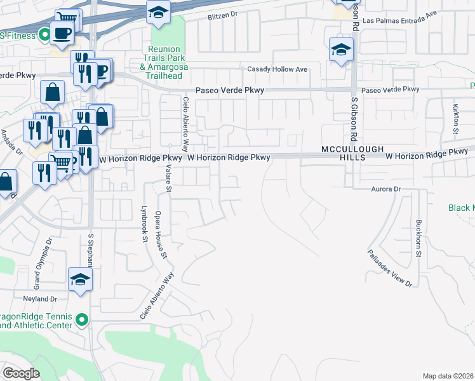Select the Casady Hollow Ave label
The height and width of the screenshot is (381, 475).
point(277,69)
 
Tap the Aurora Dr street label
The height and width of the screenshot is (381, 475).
point(387,189)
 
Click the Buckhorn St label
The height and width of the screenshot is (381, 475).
point(418,238)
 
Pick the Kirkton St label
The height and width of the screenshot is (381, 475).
point(455,119)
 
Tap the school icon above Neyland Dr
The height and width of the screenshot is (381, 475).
point(81,279)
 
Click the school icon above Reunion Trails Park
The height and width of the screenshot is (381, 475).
point(157,11)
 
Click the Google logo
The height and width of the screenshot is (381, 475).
point(21,373)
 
